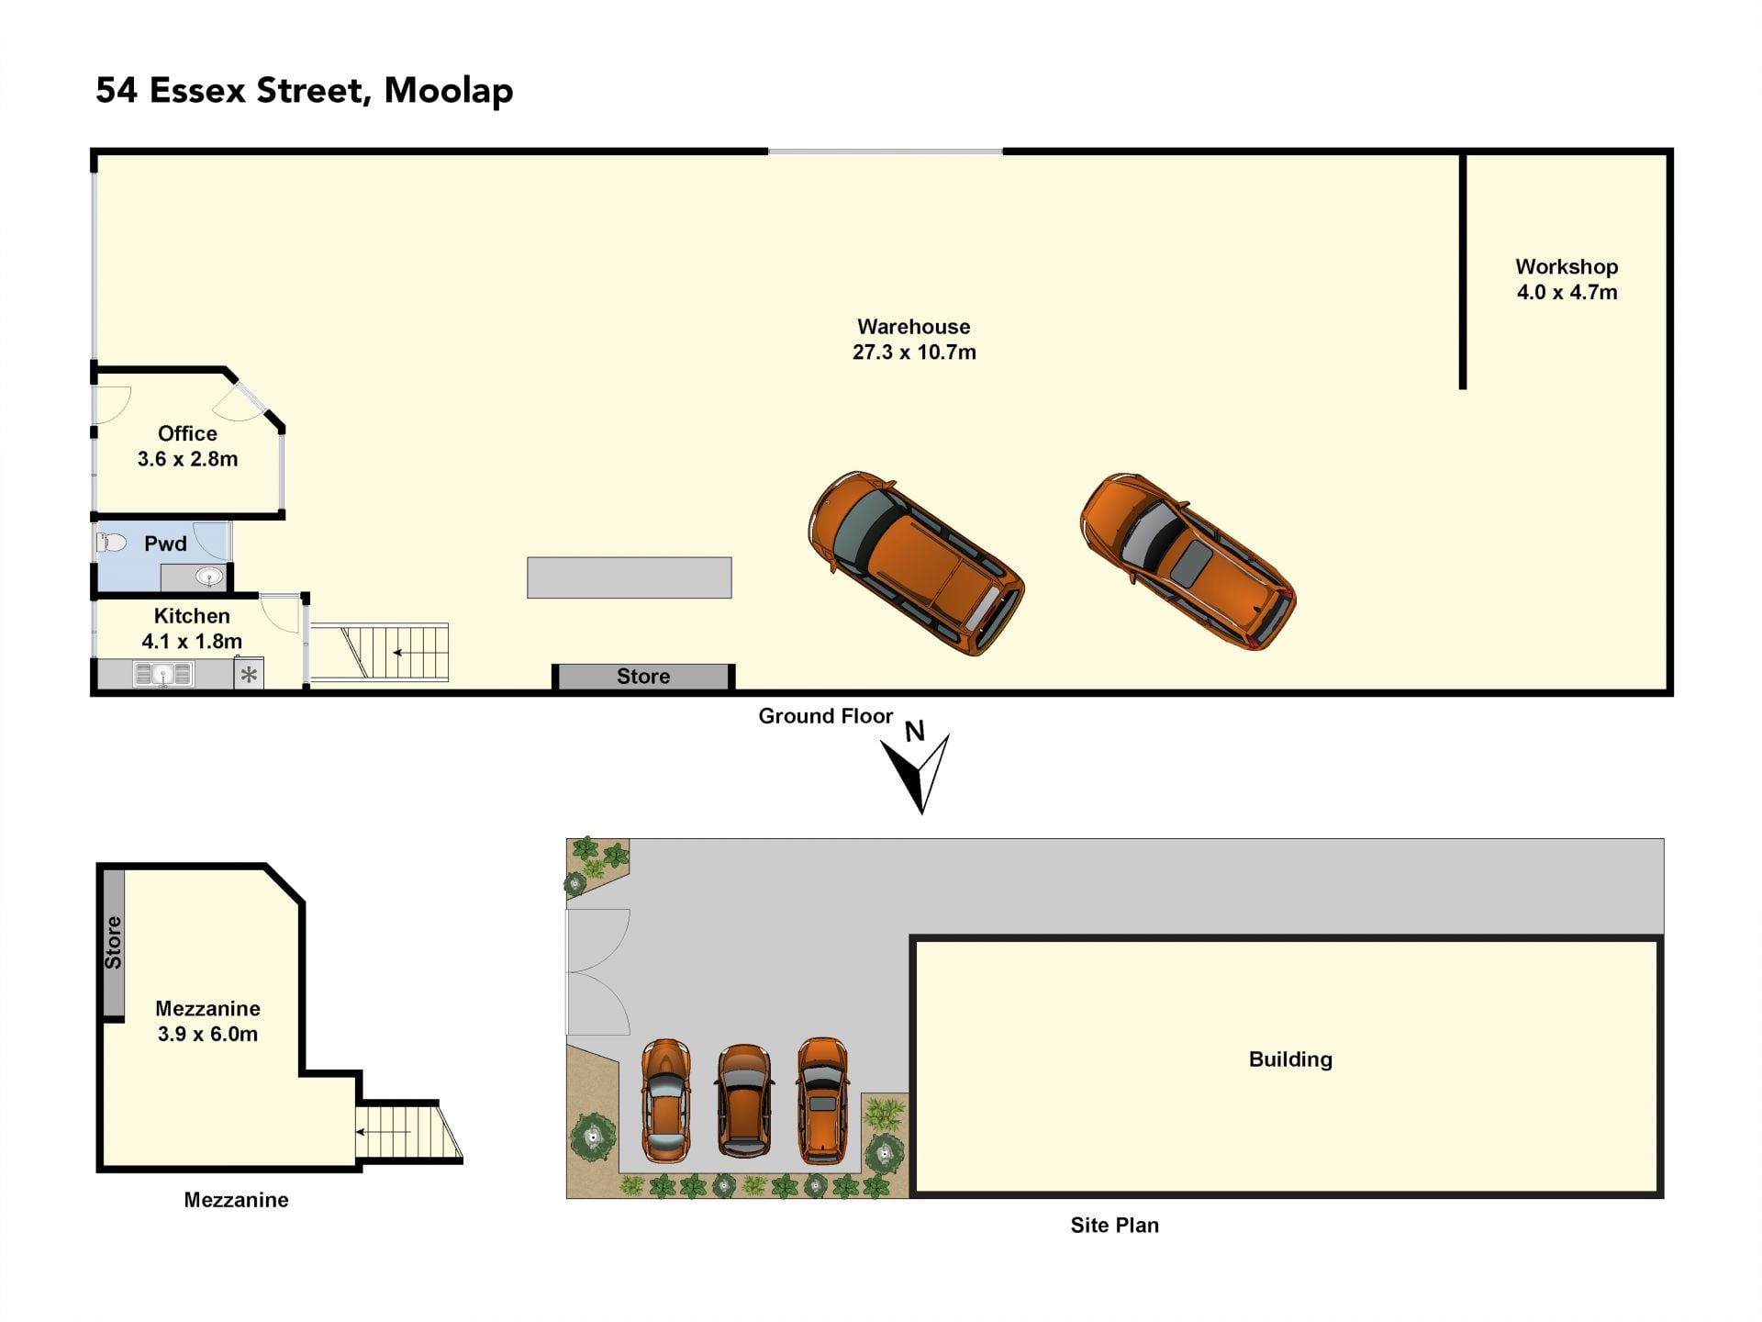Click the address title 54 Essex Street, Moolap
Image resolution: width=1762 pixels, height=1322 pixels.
click(304, 91)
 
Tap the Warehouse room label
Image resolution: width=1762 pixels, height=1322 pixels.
click(913, 327)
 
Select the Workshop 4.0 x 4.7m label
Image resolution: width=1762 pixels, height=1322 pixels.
click(1567, 279)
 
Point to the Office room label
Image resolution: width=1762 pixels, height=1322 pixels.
click(187, 433)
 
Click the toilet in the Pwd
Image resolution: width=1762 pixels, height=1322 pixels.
click(111, 543)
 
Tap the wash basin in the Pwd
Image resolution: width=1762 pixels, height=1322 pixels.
click(210, 577)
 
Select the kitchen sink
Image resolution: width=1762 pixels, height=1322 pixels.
click(163, 674)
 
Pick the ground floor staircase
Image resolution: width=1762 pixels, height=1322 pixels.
click(379, 653)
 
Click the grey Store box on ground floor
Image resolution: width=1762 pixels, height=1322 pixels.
click(643, 677)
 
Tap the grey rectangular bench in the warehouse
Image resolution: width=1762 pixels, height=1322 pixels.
click(630, 577)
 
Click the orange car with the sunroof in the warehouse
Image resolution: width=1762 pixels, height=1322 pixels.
click(1188, 561)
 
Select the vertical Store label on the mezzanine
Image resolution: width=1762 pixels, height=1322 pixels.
click(113, 943)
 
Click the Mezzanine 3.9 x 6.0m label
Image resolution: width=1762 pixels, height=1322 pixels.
click(207, 1021)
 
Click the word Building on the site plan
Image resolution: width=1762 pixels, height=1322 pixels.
click(1290, 1059)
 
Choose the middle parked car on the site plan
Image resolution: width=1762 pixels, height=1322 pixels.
click(744, 1102)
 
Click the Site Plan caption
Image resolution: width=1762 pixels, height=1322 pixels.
click(1114, 1225)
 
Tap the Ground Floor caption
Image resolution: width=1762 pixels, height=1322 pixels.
click(825, 716)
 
